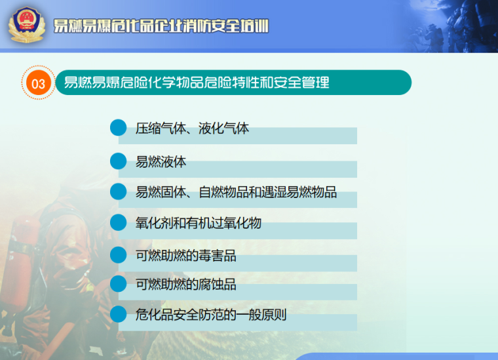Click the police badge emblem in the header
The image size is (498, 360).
[x=26, y=25]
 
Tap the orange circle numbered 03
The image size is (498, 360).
[x=39, y=83]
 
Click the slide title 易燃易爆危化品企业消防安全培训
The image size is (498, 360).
[x=161, y=26]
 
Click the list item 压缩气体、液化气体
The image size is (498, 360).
[x=192, y=129]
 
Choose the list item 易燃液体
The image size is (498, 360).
[x=161, y=162]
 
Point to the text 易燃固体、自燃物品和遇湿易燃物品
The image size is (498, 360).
[x=236, y=192]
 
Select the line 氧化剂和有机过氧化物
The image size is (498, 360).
[x=198, y=223]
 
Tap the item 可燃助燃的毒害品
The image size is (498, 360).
[x=186, y=256]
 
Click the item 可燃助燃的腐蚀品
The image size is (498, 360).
[x=186, y=284]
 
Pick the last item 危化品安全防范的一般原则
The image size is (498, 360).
[x=211, y=315]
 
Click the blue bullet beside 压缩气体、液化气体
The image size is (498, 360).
[x=119, y=128]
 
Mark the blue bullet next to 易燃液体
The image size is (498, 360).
[x=119, y=161]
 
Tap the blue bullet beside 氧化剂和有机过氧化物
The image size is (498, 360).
[x=119, y=222]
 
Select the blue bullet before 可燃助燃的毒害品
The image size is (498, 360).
[x=119, y=255]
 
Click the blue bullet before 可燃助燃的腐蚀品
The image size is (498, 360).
[x=119, y=283]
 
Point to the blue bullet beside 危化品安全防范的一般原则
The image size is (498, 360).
[x=119, y=314]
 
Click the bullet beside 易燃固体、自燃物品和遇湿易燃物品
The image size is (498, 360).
[x=119, y=191]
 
